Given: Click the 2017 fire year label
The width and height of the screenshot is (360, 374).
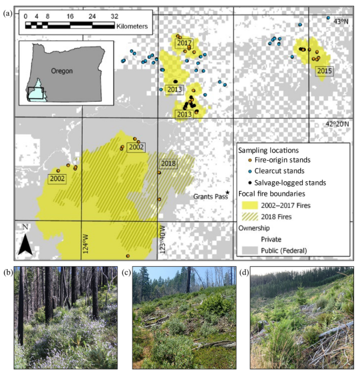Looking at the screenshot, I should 184,43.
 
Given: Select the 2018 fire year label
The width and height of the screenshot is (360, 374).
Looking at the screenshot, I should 168,164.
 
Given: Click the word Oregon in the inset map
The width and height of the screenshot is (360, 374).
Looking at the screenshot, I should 61,70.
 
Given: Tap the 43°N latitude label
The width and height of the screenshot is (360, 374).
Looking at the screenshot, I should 340,21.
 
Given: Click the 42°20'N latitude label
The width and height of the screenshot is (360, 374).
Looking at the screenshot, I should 337,124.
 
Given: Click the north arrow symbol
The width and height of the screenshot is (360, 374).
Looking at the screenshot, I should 25,241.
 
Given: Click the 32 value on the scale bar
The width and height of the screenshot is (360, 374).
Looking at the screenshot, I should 114,16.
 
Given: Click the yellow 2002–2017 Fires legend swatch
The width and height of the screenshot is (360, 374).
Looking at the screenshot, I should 249,205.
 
